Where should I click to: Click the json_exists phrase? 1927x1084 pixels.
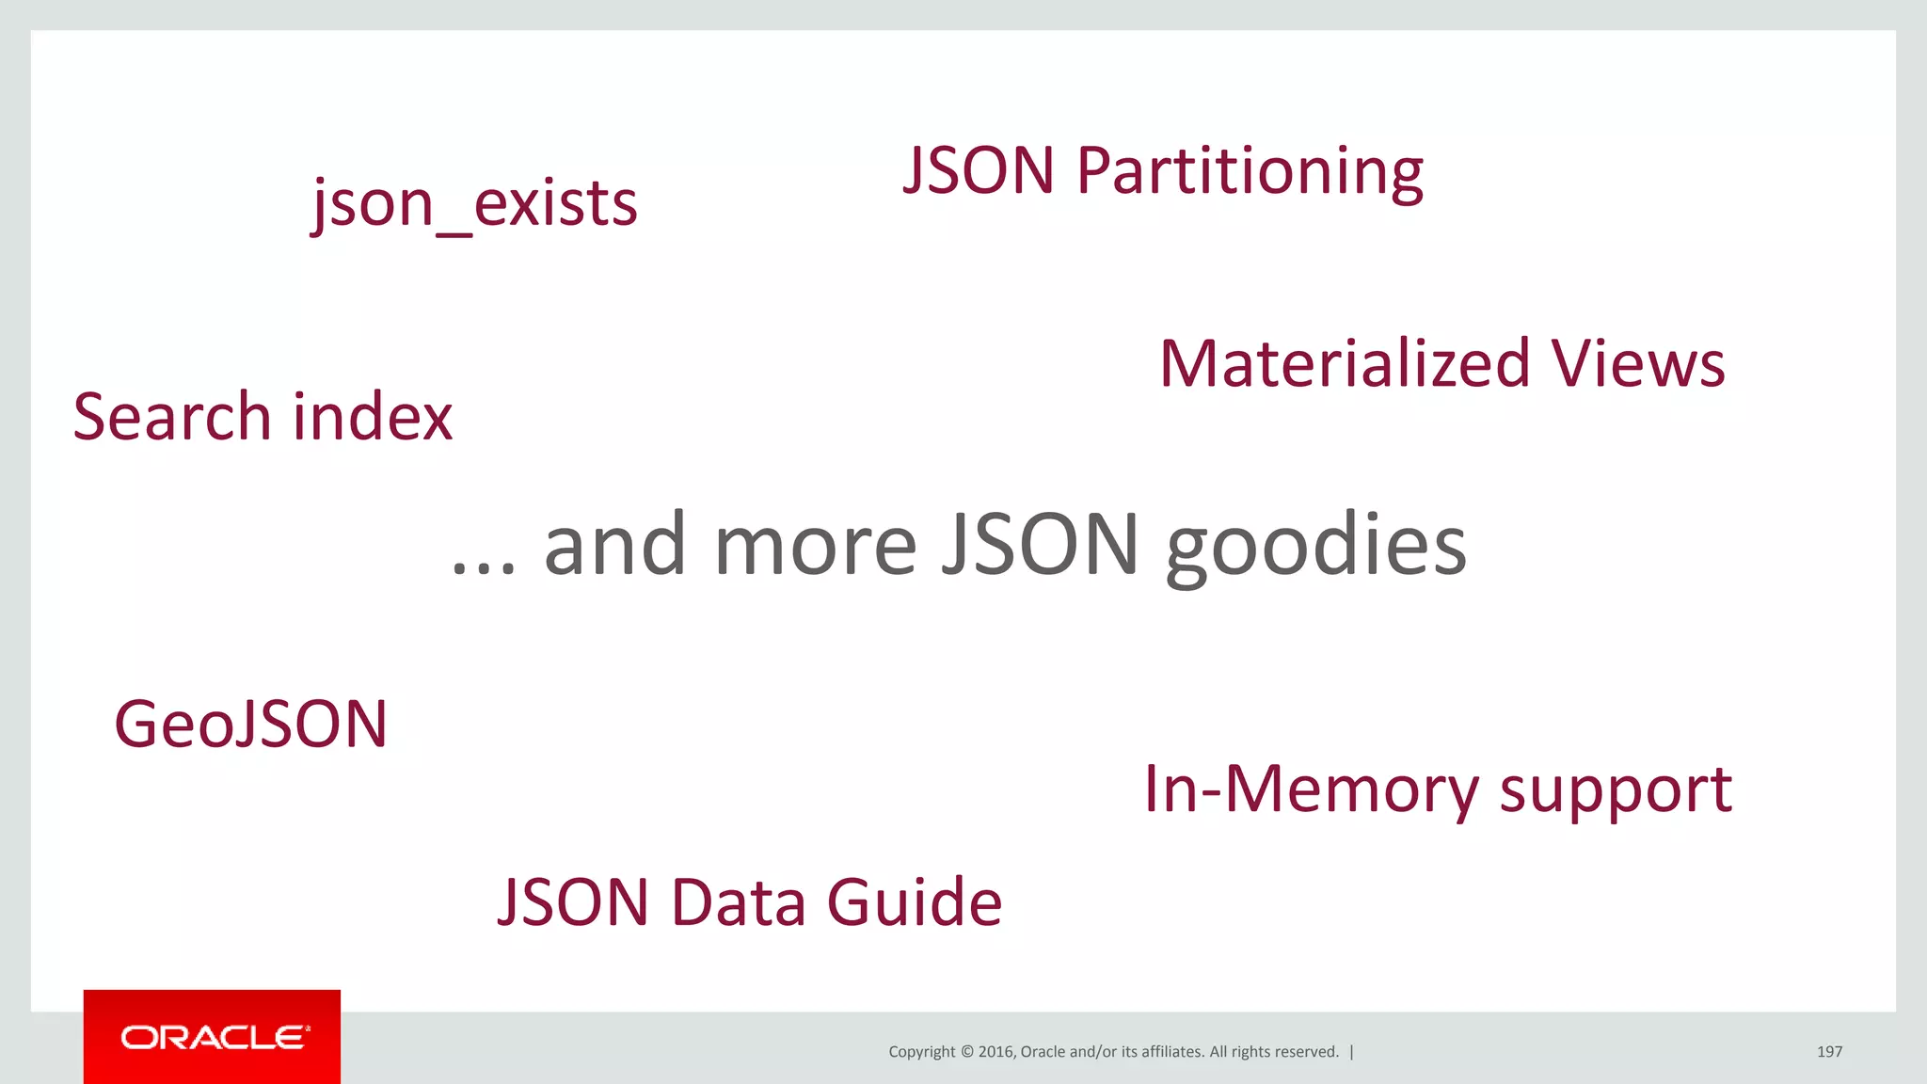tap(474, 203)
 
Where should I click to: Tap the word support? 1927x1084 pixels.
tap(1615, 790)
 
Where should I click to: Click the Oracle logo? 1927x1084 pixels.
tap(213, 1037)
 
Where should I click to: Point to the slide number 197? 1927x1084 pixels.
tap(1829, 1051)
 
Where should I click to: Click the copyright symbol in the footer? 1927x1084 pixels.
tap(966, 1052)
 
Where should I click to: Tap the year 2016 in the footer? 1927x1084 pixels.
tap(995, 1052)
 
